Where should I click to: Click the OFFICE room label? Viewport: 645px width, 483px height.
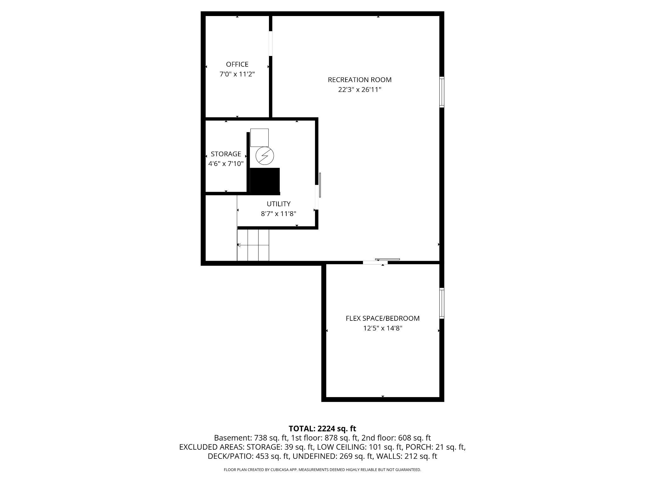click(237, 64)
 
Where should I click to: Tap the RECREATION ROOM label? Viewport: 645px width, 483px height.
click(360, 80)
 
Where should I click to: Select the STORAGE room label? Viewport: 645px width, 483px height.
click(226, 154)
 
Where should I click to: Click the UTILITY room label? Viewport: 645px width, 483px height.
click(278, 204)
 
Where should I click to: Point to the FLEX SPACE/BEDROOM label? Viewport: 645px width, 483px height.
click(383, 318)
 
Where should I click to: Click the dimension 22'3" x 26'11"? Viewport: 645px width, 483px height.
click(360, 90)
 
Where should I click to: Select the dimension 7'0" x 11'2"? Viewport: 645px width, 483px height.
click(237, 74)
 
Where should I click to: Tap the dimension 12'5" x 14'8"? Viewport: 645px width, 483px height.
click(383, 328)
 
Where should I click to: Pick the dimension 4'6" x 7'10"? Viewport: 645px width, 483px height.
click(226, 164)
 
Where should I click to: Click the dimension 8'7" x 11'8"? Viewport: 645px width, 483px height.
click(278, 214)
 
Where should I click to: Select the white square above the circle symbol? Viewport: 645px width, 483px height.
click(260, 137)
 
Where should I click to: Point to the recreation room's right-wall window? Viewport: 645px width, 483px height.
click(442, 92)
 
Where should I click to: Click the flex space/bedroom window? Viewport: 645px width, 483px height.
click(442, 303)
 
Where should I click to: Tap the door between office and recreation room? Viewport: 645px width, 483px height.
click(271, 43)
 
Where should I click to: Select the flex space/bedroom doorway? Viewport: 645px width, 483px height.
click(375, 262)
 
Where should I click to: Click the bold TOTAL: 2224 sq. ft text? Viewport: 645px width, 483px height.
click(322, 429)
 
